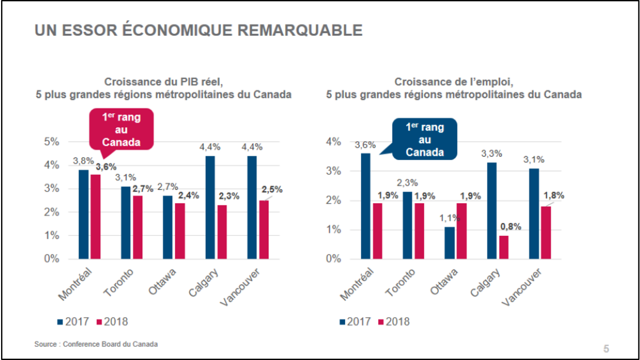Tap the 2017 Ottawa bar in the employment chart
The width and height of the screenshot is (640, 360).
click(x=450, y=243)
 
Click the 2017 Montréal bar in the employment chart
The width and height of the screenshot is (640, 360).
click(x=366, y=206)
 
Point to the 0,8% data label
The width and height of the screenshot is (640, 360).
click(x=510, y=227)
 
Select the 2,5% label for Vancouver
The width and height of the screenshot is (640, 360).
click(x=271, y=190)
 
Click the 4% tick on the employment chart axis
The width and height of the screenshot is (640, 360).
click(x=333, y=142)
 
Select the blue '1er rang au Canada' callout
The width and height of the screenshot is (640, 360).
click(x=425, y=139)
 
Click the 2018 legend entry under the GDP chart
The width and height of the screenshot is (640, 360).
click(x=113, y=322)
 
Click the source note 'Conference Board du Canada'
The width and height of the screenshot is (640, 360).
click(x=110, y=344)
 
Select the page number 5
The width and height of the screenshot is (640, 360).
click(x=606, y=349)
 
